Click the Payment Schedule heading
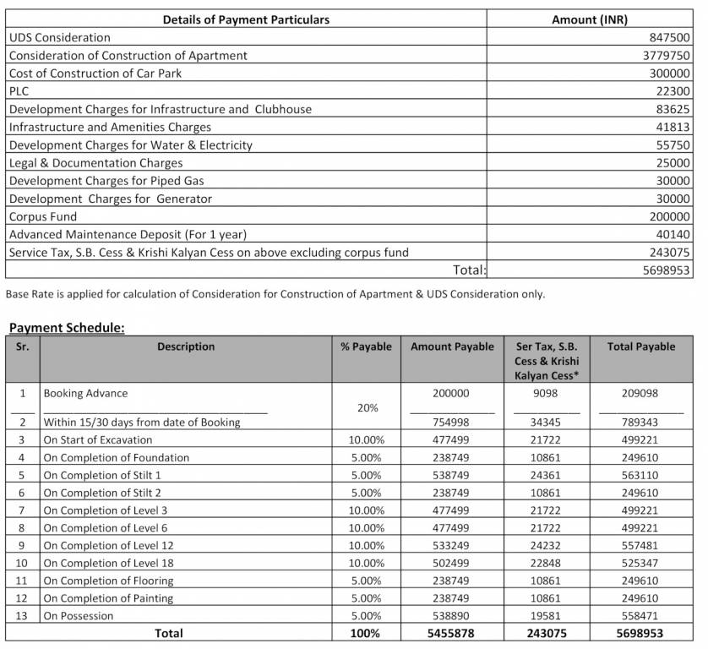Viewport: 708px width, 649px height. pyautogui.click(x=67, y=328)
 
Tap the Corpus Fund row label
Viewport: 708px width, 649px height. pyautogui.click(x=42, y=216)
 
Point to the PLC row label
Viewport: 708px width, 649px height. pyautogui.click(x=19, y=91)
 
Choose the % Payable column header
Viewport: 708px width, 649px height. pyautogui.click(x=366, y=346)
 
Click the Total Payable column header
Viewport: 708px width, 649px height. pyautogui.click(x=640, y=346)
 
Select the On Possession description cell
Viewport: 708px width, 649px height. pyautogui.click(x=78, y=616)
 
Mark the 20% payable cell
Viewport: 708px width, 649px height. pyautogui.click(x=367, y=407)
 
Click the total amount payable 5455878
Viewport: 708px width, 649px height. pyautogui.click(x=452, y=633)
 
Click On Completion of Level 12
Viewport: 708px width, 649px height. pyautogui.click(x=108, y=545)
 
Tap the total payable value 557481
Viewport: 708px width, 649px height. pyautogui.click(x=640, y=545)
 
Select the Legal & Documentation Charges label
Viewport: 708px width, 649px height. pyautogui.click(x=95, y=163)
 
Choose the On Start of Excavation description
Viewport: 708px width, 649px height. pyautogui.click(x=98, y=439)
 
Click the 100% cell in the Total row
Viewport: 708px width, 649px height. pyautogui.click(x=367, y=633)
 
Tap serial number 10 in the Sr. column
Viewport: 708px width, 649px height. pyautogui.click(x=23, y=563)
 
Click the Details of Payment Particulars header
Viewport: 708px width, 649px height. pyautogui.click(x=246, y=19)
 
